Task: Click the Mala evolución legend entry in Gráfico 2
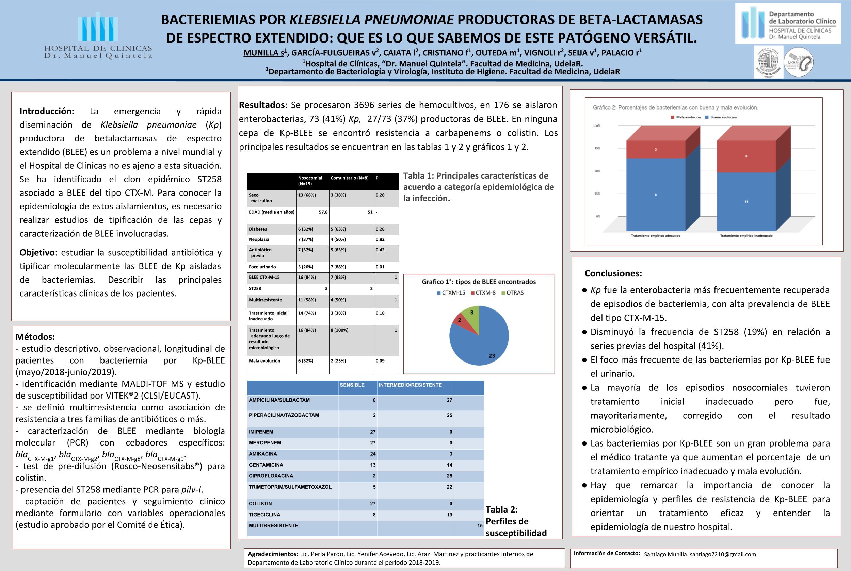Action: pos(686,117)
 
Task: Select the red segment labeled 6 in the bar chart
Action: pos(746,156)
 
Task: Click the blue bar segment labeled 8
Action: pos(656,195)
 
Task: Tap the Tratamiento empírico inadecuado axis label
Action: pos(746,236)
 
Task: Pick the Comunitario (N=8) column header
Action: pos(350,178)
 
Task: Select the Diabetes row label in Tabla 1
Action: pos(258,229)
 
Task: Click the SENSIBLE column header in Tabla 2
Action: pos(352,385)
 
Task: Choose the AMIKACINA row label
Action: pos(263,454)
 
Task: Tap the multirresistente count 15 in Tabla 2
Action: pos(480,526)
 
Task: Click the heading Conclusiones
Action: pos(613,273)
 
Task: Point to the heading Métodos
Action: pos(35,336)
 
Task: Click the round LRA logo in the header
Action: pos(798,62)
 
